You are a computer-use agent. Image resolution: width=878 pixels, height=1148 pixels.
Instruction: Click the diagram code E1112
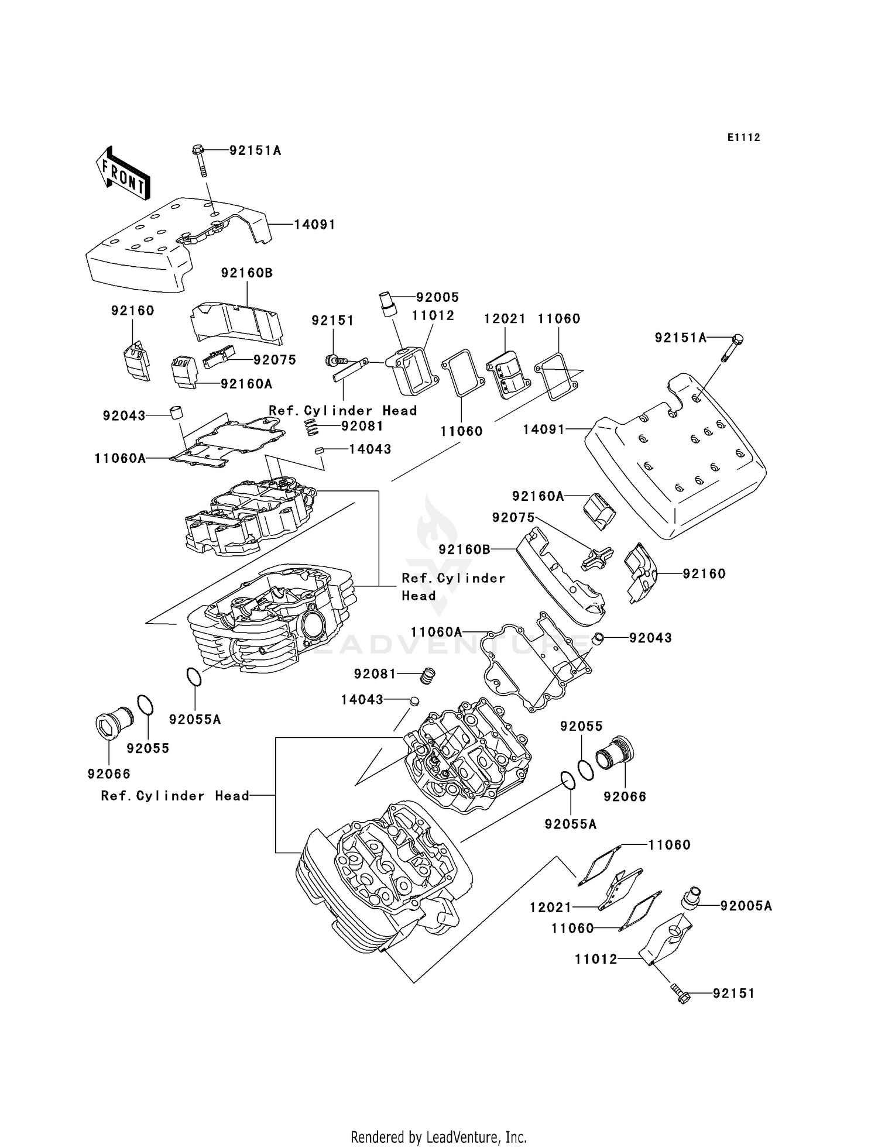(744, 138)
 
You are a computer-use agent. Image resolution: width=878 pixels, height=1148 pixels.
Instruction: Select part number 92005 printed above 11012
(437, 297)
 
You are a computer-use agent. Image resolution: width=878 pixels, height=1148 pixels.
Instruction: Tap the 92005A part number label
(746, 906)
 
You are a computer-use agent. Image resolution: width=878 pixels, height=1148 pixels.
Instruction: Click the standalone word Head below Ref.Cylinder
(419, 596)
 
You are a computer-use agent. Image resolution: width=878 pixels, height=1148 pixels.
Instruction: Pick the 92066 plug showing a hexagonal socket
(108, 725)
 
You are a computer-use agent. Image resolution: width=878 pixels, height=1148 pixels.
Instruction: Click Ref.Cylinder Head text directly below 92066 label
(175, 796)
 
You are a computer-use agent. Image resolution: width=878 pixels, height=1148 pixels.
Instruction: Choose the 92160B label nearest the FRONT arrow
(246, 273)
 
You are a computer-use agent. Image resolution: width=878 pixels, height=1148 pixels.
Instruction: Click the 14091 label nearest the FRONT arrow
(314, 225)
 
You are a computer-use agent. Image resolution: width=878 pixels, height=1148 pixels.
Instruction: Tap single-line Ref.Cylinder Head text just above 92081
(342, 410)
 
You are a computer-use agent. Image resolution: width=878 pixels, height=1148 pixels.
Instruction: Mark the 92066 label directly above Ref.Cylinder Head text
(109, 774)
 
